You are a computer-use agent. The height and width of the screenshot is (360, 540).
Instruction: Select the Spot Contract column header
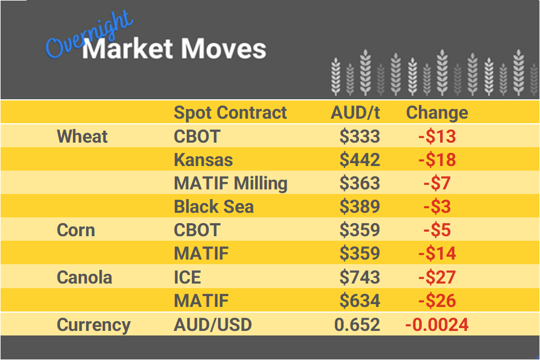point(230,112)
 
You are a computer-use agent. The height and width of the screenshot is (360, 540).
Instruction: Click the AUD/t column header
point(355,112)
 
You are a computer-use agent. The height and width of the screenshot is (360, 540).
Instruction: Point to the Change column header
point(437,112)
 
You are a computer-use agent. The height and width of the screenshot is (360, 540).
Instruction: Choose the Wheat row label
point(82,136)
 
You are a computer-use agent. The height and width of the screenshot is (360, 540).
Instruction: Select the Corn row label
point(76,230)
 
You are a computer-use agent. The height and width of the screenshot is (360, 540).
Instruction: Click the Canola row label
point(84,277)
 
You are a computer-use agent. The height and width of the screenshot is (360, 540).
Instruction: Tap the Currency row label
point(94,325)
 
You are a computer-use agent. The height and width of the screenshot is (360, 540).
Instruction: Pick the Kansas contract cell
point(203,160)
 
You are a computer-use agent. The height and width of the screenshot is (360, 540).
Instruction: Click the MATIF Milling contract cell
point(231,183)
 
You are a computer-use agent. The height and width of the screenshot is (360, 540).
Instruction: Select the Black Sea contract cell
point(213,207)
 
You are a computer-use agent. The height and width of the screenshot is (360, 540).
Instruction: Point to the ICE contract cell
point(187,277)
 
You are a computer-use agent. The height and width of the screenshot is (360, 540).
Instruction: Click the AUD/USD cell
point(212,325)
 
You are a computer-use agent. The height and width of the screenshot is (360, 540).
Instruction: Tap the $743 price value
point(360,277)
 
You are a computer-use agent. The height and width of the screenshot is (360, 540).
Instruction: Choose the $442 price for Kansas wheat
point(360,160)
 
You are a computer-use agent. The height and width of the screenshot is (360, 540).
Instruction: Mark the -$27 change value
point(437,277)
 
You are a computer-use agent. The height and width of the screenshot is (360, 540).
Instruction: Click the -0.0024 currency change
point(437,325)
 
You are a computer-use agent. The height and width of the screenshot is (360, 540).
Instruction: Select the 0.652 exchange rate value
point(357,325)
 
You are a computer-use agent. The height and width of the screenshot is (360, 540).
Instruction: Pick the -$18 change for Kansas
point(437,160)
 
